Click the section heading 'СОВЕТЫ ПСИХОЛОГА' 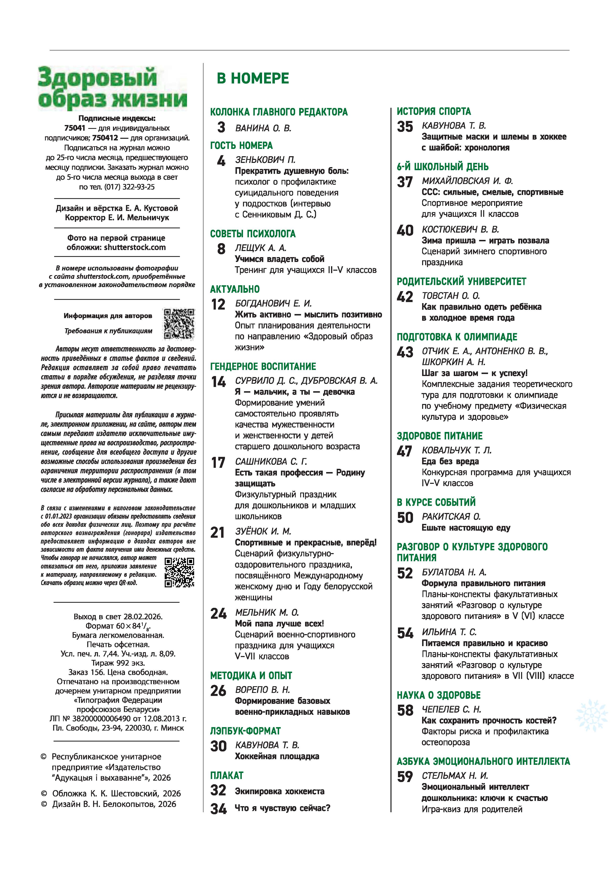click(253, 234)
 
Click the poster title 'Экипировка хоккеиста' click(280, 791)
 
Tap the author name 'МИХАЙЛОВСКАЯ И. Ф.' click(467, 181)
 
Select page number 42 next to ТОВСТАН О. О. click(405, 297)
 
